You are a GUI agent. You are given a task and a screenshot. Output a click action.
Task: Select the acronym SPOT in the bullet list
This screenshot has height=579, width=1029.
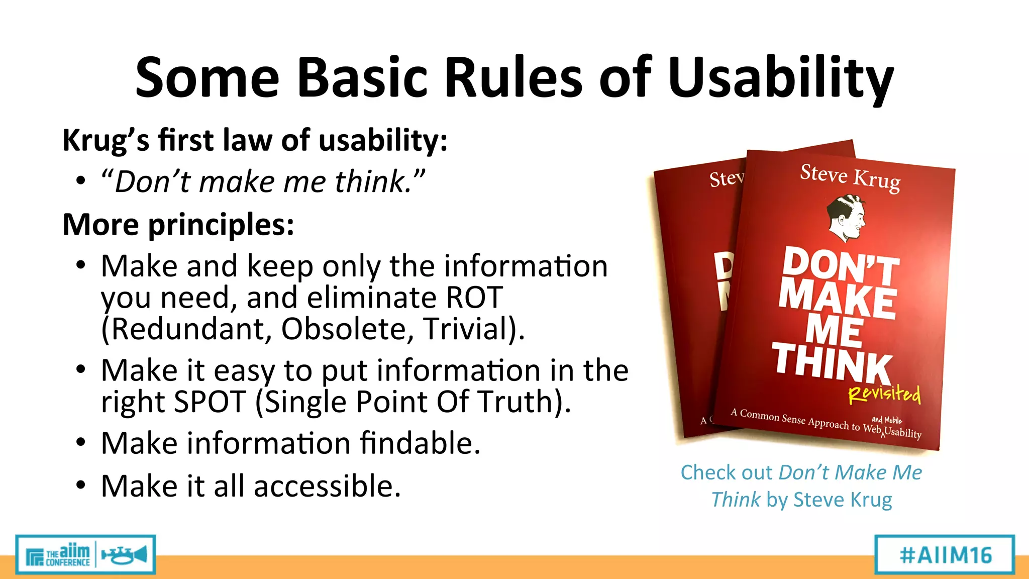coord(209,402)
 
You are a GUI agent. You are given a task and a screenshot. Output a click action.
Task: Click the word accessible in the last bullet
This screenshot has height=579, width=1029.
coord(327,487)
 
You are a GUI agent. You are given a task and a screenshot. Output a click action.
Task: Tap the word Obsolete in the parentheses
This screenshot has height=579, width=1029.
coord(347,329)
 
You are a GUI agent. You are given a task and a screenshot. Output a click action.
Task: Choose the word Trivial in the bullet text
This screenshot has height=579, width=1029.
coord(470,329)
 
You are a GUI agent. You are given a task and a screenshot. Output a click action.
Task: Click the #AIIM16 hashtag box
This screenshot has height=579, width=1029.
coord(945,555)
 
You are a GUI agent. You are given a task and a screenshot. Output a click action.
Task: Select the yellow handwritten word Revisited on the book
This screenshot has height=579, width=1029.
coord(884,395)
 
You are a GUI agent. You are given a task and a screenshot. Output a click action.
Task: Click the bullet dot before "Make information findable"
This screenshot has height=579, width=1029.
coord(81,443)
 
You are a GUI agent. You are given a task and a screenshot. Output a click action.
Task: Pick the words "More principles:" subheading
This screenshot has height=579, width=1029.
coord(178,224)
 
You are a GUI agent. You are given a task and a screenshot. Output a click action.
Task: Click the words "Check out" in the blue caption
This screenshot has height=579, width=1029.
coord(726,473)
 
